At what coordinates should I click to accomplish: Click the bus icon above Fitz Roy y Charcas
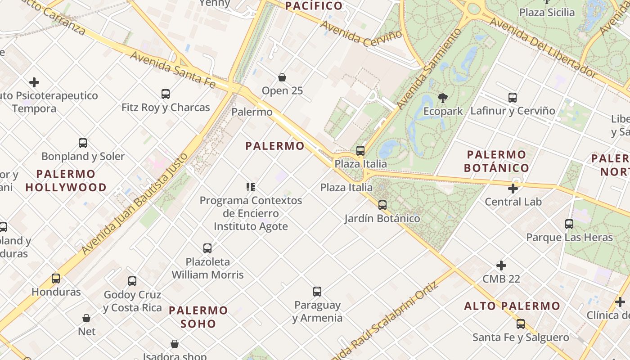coord(166,94)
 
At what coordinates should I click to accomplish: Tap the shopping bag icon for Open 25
coord(282,77)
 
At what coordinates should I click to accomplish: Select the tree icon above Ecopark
coord(443,98)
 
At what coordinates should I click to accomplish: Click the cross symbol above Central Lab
coord(513,189)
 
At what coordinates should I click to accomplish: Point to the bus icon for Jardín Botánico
coord(382,205)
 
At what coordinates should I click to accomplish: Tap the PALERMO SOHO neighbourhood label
coord(198,317)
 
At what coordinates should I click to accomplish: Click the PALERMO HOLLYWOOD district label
coord(66,180)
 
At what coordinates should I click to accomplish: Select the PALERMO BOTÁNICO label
coord(496,161)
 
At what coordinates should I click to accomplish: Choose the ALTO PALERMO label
coord(512,306)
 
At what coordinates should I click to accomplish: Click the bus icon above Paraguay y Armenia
coord(317,292)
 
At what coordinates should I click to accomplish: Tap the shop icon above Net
coord(86,319)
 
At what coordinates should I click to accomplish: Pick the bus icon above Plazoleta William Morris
coord(207,248)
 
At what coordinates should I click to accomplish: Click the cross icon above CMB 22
coord(501,265)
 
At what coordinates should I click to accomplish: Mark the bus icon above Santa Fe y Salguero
coord(521,324)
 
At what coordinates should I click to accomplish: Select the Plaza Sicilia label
coord(547,12)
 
